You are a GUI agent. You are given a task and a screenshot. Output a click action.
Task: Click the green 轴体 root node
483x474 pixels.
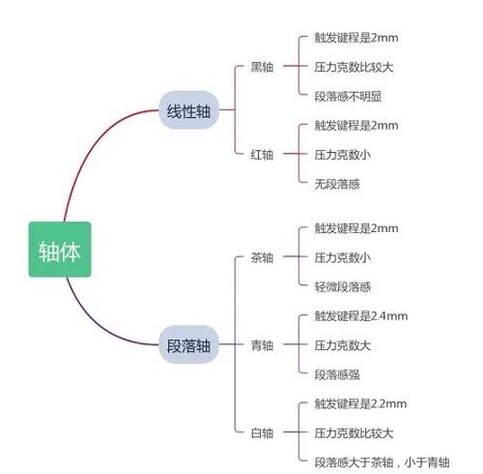tap(60, 250)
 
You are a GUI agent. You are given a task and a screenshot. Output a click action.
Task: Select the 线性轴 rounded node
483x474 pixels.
tap(188, 110)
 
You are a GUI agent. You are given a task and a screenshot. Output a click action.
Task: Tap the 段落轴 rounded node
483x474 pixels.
tap(188, 344)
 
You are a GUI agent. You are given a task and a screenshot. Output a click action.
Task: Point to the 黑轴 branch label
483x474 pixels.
tap(262, 67)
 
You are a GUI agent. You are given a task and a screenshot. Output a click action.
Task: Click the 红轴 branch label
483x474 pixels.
tap(262, 155)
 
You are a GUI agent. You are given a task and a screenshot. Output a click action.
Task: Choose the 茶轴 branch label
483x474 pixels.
tap(262, 257)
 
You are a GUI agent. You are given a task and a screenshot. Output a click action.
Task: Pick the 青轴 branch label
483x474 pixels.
tap(262, 345)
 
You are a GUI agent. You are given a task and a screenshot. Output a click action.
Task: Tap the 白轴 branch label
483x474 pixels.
tap(262, 432)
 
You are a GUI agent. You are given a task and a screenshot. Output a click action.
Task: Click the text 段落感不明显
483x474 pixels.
tap(348, 96)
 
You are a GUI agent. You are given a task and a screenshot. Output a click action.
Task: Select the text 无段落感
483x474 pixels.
tap(337, 184)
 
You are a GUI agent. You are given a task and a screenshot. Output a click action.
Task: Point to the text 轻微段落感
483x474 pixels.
tap(343, 286)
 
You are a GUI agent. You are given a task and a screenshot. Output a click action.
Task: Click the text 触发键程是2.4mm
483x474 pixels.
tap(361, 316)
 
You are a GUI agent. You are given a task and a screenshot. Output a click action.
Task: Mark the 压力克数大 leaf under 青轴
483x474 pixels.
tap(343, 345)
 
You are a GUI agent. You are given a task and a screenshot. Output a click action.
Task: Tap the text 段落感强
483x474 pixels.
tap(337, 374)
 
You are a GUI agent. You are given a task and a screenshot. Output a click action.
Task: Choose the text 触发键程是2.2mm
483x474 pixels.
tap(360, 403)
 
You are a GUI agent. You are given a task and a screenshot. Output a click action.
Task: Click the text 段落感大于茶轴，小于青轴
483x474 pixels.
tap(382, 462)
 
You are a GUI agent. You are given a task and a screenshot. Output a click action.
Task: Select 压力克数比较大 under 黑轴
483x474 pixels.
tap(354, 67)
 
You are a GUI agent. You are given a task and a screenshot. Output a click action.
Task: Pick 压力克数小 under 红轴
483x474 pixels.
tap(343, 155)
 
